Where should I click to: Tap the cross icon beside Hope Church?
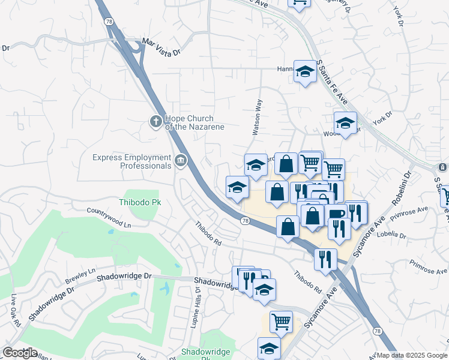pos(155,122)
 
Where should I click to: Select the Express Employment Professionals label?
pos(131,161)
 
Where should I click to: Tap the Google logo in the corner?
pos(20,352)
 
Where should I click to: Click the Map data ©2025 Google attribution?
pos(412,355)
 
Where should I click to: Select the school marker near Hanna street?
pos(305,72)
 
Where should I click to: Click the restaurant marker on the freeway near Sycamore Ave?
pos(325,259)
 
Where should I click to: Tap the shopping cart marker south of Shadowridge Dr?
pos(280,322)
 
